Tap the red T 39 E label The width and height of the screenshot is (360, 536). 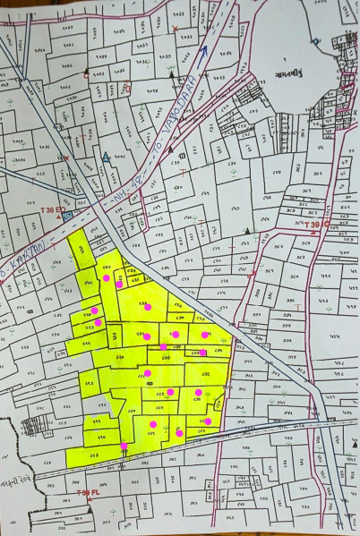point(49,208)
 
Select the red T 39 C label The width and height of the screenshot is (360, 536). point(315,225)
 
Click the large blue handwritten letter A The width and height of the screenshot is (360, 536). point(107,158)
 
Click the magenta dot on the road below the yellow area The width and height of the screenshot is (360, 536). point(124,446)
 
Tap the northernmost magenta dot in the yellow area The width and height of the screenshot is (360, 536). point(107,278)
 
